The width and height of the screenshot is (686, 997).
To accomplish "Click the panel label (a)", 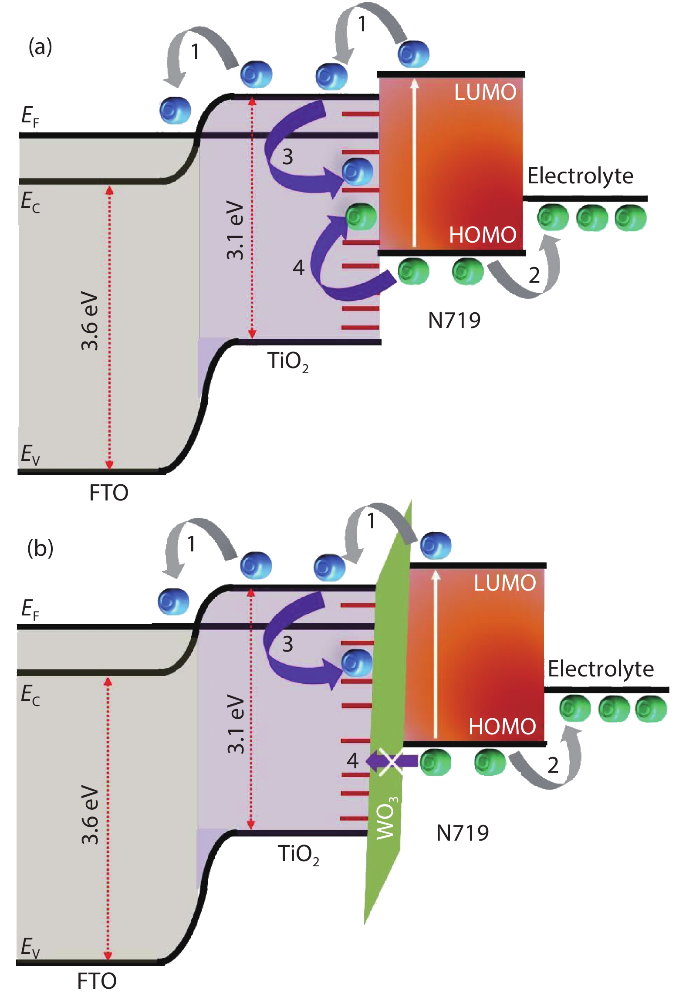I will click(x=40, y=47).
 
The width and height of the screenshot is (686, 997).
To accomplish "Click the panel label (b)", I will click(x=40, y=548).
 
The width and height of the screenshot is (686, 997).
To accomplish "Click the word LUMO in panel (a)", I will click(x=485, y=92).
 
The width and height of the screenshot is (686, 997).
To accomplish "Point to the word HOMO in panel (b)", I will click(x=502, y=727).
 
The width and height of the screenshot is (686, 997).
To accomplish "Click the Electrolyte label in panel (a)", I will click(x=580, y=176).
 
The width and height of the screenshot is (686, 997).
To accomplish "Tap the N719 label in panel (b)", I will click(x=463, y=833).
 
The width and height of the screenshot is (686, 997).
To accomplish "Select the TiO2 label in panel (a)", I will click(x=287, y=362).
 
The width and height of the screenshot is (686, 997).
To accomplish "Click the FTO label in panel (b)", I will click(x=97, y=981).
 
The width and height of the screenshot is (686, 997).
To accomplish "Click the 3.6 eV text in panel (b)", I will click(x=91, y=814).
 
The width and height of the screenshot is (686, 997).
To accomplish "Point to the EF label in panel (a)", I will click(x=30, y=116).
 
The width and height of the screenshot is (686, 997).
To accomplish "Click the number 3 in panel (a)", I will click(x=287, y=157).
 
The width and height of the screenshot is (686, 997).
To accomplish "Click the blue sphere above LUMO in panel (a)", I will click(x=413, y=54).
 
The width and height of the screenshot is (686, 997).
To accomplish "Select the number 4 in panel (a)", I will click(x=298, y=267).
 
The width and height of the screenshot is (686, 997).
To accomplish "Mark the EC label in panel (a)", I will click(x=30, y=202).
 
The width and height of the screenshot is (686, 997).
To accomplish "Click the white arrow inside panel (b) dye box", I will click(x=436, y=653).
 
